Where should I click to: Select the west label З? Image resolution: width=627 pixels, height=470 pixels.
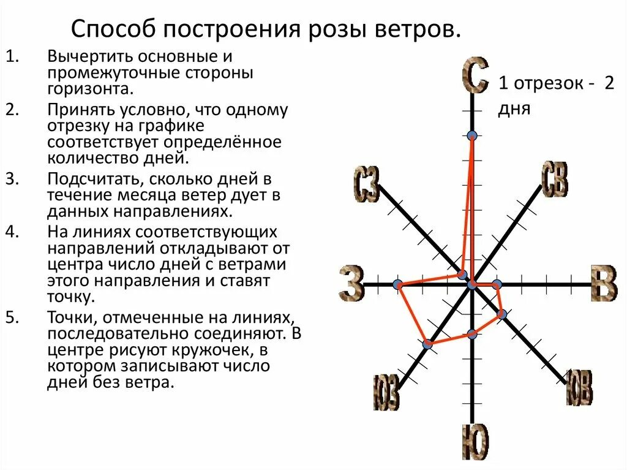pos(351,284)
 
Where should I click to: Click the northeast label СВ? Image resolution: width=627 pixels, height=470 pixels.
pos(555,180)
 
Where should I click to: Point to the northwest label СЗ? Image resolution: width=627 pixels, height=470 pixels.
pos(366,184)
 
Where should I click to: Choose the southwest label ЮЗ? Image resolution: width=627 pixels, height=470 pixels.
pos(386,392)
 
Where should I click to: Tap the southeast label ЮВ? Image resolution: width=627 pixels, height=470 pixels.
pos(579,387)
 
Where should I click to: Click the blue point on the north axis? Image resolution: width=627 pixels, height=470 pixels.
pos(471,135)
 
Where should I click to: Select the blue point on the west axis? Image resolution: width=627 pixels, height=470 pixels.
pos(398,284)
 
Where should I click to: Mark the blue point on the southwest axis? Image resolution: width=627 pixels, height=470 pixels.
pos(427,344)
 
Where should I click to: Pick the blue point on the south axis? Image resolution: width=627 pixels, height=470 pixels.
pos(471,334)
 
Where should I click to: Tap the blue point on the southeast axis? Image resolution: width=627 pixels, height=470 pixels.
pos(501,314)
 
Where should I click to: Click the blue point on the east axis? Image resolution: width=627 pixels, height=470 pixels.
pos(497,284)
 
